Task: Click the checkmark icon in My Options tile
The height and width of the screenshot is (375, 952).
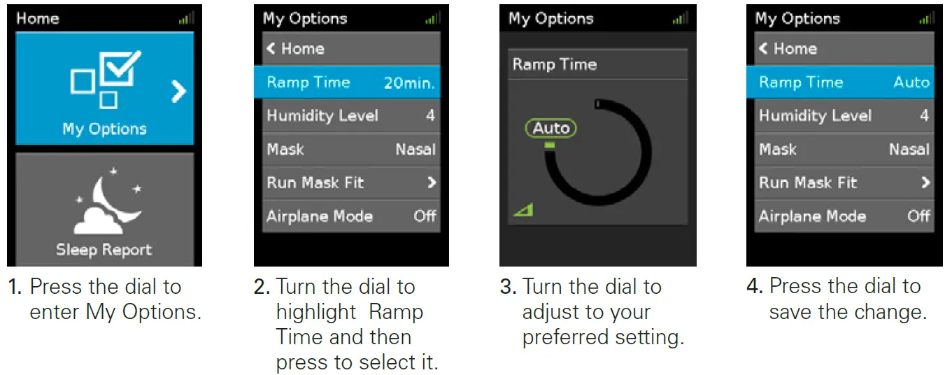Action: pos(120,68)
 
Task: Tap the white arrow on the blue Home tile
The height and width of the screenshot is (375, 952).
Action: pos(178,92)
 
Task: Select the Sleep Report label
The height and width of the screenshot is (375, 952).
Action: pos(104,250)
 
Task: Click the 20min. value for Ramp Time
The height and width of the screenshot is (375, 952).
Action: pos(409,83)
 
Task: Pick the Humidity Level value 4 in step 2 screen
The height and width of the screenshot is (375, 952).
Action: pos(430,115)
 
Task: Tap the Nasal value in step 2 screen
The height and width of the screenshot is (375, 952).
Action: pos(415,149)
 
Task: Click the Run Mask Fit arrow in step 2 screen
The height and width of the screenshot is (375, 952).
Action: pos(432,183)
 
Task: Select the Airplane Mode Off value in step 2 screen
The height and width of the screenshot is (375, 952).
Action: pos(425,216)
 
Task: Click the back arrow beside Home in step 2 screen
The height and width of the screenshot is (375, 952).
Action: pos(271,48)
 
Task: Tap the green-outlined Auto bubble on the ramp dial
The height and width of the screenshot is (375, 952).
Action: pos(550,128)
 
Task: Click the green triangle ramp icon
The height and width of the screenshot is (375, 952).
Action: pos(524,210)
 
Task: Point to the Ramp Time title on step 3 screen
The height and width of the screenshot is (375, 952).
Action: pos(555,64)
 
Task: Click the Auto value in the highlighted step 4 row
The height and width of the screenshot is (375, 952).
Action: pos(911,82)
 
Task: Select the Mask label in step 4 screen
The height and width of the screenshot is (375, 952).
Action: pos(778,149)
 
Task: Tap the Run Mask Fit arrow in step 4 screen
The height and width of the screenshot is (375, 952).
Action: pos(925,183)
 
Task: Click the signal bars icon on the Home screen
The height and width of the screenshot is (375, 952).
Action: pos(186,18)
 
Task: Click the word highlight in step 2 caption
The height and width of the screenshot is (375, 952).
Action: pos(315,313)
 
